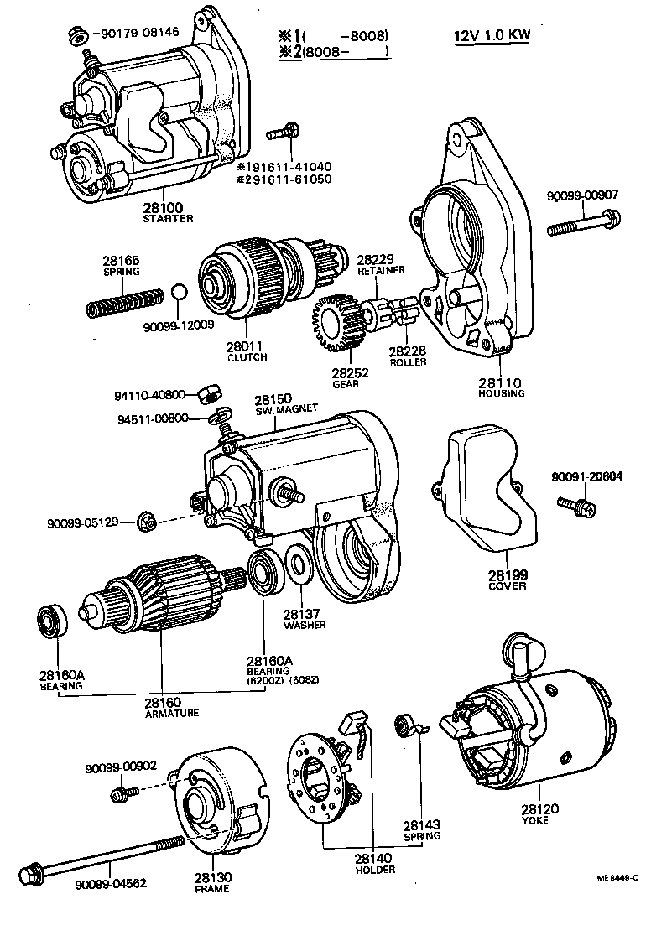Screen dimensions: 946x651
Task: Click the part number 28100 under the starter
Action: [x=167, y=207]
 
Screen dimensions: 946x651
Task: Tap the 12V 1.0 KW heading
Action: [x=493, y=37]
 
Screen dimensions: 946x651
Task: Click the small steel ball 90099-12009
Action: [x=178, y=293]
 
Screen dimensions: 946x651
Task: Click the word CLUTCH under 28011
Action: [x=247, y=357]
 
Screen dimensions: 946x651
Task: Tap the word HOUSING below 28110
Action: [x=502, y=393]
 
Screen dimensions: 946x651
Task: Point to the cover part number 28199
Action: [x=507, y=575]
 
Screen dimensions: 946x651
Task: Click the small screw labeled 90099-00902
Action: [x=126, y=791]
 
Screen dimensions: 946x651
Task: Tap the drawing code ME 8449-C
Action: [x=617, y=878]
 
